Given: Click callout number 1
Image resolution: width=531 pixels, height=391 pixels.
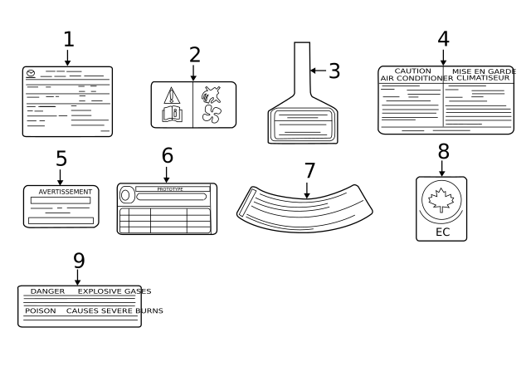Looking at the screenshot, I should pos(68,39).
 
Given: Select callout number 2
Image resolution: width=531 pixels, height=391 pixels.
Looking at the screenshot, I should pos(194,55).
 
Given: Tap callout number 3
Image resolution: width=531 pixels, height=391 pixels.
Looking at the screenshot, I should pos(334,71).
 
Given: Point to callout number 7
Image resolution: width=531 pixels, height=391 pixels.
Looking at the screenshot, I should pos(309,171).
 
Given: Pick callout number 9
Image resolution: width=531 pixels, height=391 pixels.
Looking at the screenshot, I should pos(79,261).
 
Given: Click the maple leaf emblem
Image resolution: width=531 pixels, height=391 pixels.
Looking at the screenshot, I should pos(441,199).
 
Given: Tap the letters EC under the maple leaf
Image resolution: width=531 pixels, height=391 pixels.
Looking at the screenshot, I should pos(442,232).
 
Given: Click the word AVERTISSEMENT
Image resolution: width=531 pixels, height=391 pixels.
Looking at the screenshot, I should pos(65,192).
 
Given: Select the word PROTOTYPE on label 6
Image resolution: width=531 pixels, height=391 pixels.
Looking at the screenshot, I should pos(170,189).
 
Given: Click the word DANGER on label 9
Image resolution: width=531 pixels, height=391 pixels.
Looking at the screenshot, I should pos(47,291).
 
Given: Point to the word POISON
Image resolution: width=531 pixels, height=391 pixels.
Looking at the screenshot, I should pos(41,311).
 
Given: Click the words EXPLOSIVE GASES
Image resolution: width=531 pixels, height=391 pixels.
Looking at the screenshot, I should pos(114,291).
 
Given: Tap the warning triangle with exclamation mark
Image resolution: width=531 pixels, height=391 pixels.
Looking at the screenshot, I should pos(172,95).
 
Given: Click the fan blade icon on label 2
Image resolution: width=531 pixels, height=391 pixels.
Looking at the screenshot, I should pos(212,115).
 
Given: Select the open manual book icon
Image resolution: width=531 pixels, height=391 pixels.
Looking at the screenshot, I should pos(172,115).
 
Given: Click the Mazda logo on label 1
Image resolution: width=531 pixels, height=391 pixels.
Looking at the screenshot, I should pos(31,74).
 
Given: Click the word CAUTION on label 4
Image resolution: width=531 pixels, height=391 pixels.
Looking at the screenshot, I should pos(412,71).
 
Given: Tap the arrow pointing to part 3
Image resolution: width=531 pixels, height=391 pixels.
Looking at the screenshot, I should pos(318,71).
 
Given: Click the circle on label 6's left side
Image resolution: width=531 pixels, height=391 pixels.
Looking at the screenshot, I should pos(126,195).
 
